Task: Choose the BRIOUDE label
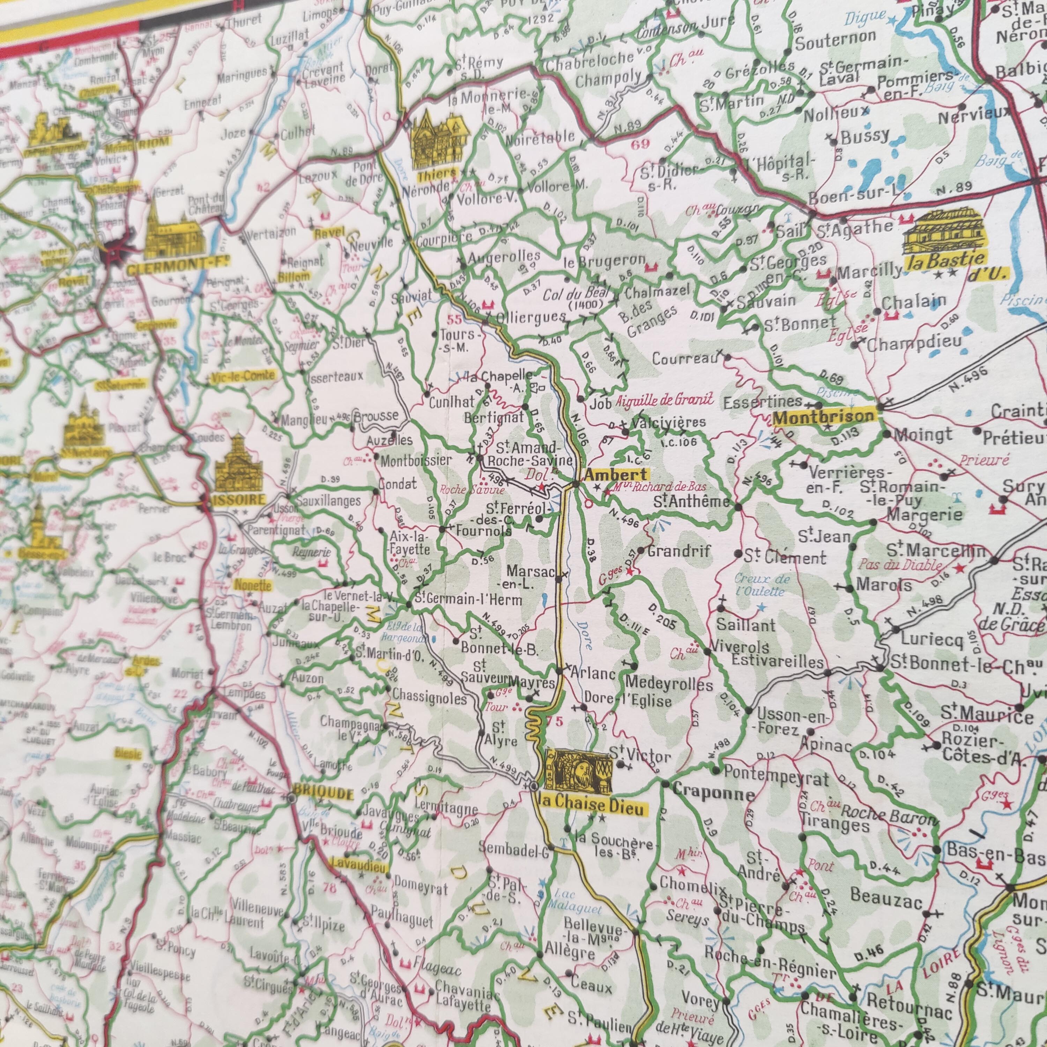(x=322, y=794)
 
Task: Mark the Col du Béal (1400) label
(x=578, y=297)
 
